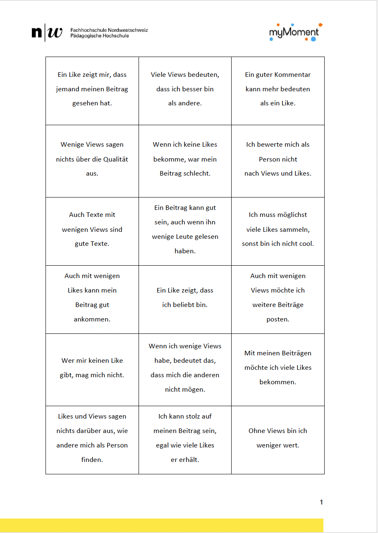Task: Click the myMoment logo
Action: (x=294, y=33)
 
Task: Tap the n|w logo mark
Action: (x=47, y=33)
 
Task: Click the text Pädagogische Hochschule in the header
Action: (x=100, y=36)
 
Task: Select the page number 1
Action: (x=321, y=502)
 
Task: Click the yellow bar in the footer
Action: (x=161, y=525)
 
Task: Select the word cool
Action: (x=306, y=244)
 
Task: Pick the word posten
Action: (x=278, y=319)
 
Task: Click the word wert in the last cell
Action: (x=292, y=445)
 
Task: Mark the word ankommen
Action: (x=92, y=319)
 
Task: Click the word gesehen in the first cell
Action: (x=85, y=103)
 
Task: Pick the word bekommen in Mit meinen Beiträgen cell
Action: (x=278, y=382)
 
